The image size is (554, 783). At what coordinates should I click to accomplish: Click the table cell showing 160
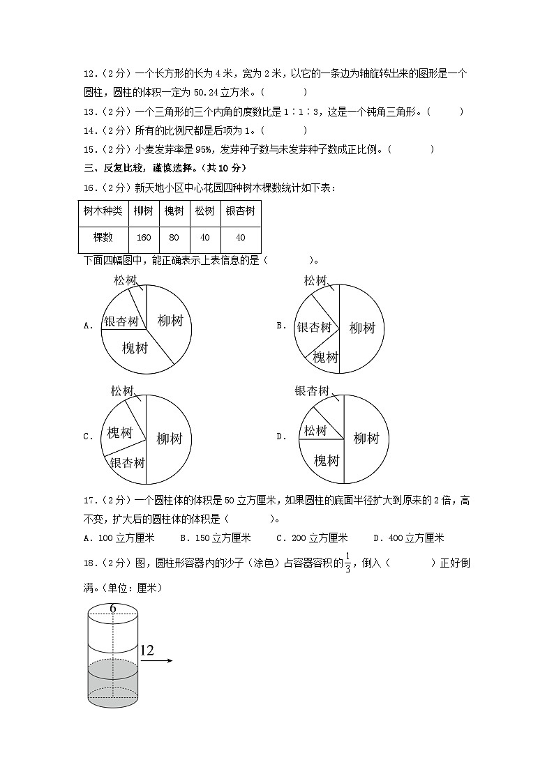click(x=144, y=238)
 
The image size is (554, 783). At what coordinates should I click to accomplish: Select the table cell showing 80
click(x=174, y=238)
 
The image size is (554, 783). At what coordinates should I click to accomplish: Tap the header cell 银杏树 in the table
click(x=240, y=211)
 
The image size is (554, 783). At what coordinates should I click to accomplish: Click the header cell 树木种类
click(x=103, y=211)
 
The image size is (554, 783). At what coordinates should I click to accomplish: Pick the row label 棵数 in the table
click(x=103, y=238)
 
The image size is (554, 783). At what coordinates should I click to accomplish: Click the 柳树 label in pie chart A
click(x=170, y=321)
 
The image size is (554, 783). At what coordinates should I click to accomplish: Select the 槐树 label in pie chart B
click(x=325, y=357)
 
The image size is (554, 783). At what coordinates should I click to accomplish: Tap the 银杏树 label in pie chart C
click(x=127, y=463)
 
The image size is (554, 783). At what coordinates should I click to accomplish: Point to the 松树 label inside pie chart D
click(x=315, y=431)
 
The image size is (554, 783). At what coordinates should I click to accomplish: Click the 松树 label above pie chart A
click(x=125, y=280)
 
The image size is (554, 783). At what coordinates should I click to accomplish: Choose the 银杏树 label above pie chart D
click(x=311, y=391)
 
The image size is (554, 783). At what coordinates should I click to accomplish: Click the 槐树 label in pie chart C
click(x=119, y=433)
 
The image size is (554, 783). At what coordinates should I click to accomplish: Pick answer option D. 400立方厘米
click(x=408, y=538)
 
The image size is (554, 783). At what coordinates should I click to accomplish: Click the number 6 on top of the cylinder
click(x=112, y=609)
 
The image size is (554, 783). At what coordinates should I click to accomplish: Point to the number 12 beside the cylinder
click(x=147, y=651)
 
